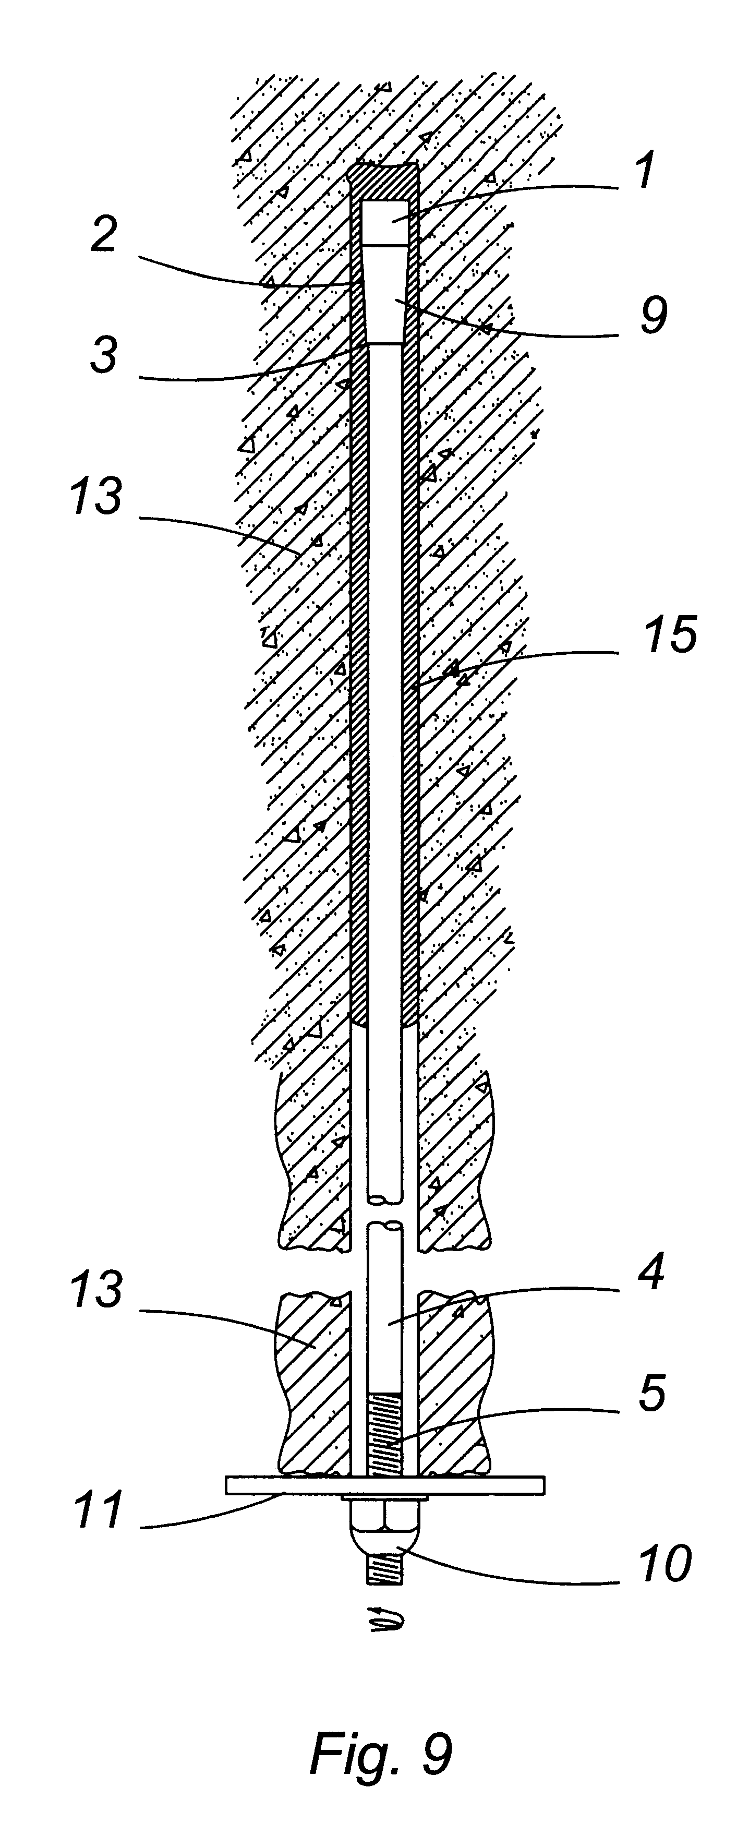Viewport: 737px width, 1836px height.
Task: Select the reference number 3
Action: pos(104,354)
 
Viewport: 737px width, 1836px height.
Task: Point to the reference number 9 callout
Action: pos(654,316)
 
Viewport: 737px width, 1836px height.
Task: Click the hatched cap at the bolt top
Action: pos(385,182)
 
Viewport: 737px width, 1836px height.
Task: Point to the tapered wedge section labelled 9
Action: pos(385,296)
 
